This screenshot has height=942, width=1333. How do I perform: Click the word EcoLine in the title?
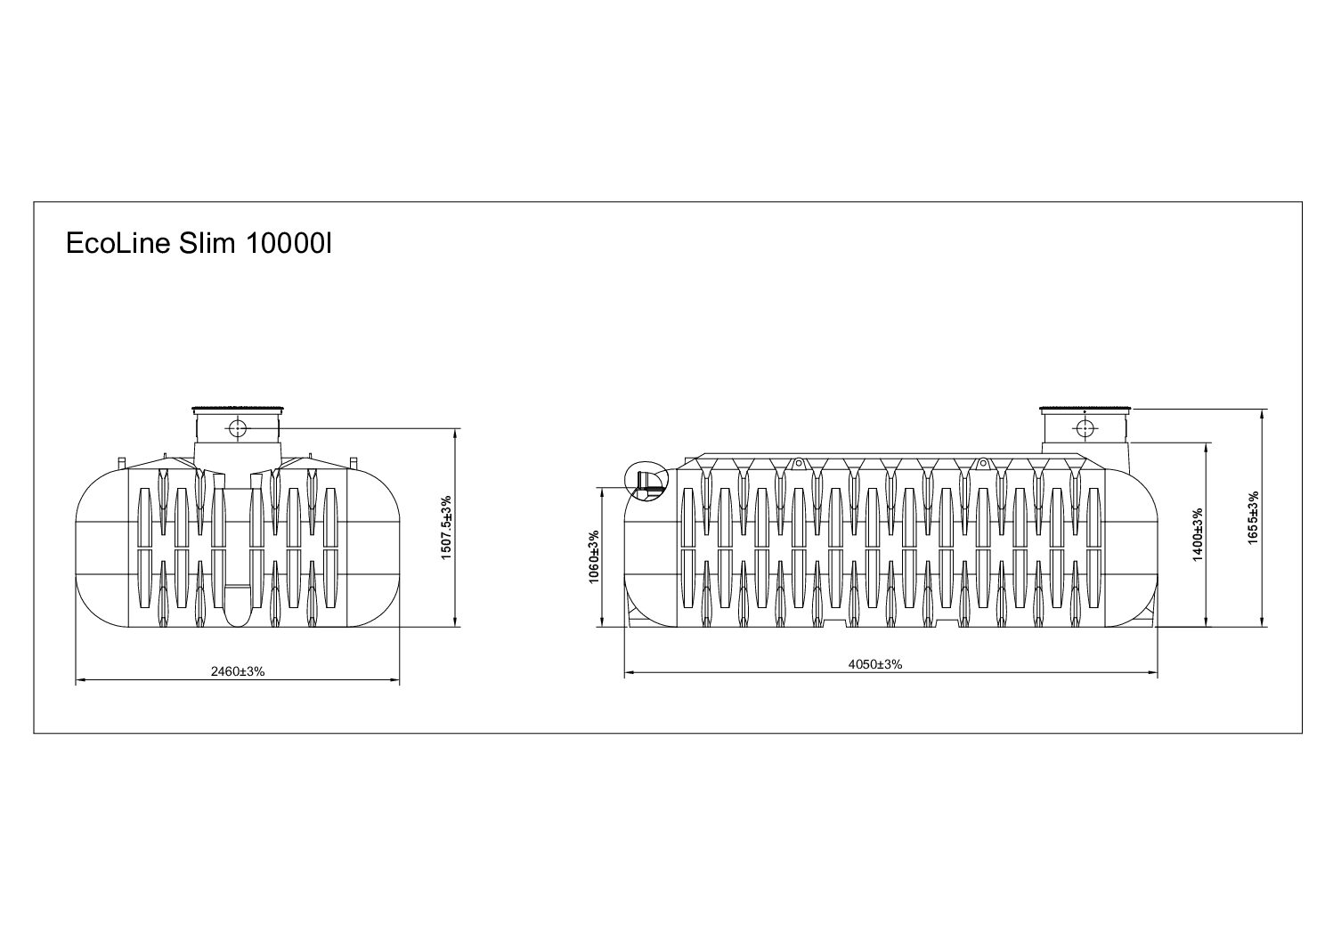click(118, 243)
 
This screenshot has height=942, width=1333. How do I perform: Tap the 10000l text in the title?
click(288, 243)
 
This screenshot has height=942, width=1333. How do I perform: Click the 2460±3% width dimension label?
click(238, 671)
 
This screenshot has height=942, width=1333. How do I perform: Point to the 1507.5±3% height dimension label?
click(446, 528)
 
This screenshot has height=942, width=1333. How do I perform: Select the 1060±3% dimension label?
click(594, 557)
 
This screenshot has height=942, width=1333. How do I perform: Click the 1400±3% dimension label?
click(1198, 534)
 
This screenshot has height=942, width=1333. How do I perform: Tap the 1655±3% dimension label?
click(1253, 517)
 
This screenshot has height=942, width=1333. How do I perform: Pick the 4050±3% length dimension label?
click(875, 664)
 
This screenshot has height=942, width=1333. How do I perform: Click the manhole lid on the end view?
click(238, 410)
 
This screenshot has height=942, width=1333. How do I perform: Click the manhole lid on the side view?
click(1085, 410)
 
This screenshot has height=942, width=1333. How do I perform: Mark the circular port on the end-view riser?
click(238, 428)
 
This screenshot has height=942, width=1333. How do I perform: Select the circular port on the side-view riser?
click(1085, 428)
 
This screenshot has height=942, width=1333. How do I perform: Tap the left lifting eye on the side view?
click(798, 462)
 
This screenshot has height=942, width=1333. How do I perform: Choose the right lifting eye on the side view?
click(983, 462)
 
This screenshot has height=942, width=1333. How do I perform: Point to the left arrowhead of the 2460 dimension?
click(80, 679)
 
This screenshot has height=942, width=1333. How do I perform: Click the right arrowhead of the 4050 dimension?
click(1153, 673)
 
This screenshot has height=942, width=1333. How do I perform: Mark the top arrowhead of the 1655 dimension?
click(1262, 414)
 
